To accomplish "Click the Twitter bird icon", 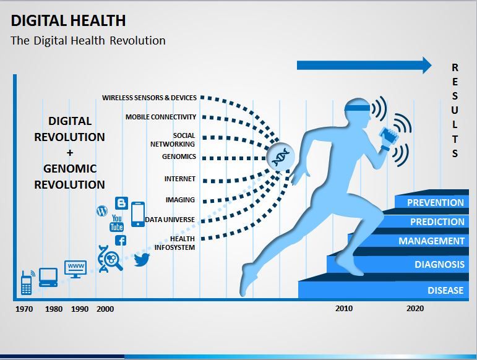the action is (142, 259).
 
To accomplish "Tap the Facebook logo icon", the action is (121, 241).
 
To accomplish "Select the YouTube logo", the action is (116, 223).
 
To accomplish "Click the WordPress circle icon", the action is (102, 211).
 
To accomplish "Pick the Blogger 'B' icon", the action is (121, 203).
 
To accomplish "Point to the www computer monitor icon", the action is (75, 269).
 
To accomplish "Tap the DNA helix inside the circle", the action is (280, 157).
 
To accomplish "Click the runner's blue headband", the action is (357, 108).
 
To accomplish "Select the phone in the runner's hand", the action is (388, 134).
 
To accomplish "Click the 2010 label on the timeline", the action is (344, 308).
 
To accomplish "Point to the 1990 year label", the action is (80, 309).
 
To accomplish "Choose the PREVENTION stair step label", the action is (436, 202).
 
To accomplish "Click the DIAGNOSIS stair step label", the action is (440, 264).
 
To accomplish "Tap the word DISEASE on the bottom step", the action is (445, 290).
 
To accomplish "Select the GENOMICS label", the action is (179, 156).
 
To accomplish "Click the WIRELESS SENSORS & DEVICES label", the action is (149, 98).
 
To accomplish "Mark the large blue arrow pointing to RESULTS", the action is (364, 65).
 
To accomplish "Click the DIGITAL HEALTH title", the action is (68, 20).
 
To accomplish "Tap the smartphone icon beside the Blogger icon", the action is (138, 215).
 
